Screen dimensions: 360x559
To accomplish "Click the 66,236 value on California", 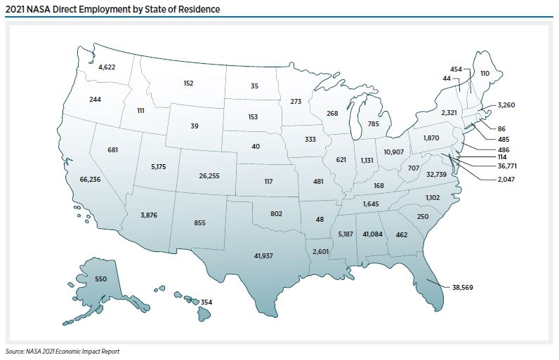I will click(90, 180).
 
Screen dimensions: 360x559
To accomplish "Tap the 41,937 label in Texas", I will click(264, 257).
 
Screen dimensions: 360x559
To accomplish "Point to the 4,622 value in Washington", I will click(107, 67).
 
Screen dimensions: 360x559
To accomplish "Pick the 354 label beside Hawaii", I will click(206, 301).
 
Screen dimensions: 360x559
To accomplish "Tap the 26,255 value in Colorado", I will click(209, 175).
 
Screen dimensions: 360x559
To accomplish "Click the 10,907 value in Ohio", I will click(394, 152).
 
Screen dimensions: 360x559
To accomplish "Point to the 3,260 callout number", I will click(506, 105).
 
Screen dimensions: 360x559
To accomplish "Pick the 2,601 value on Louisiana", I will click(320, 251).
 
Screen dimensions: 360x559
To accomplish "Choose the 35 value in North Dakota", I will click(254, 86).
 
